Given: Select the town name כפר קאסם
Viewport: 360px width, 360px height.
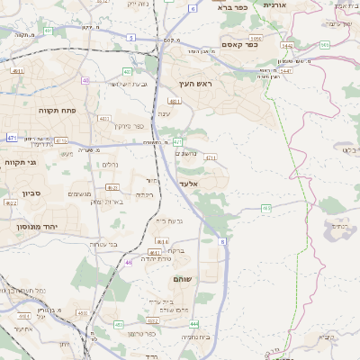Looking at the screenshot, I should click(x=239, y=43).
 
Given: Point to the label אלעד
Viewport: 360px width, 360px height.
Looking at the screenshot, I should click(x=188, y=183).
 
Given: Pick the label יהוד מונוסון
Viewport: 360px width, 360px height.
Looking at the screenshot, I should click(x=35, y=227).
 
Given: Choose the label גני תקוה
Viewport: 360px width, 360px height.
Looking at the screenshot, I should click(x=19, y=163).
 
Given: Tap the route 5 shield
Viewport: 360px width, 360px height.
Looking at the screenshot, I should click(x=130, y=38).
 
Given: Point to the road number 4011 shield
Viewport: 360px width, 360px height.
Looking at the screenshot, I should click(x=104, y=118).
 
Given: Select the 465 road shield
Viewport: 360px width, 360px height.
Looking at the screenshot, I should click(x=266, y=208).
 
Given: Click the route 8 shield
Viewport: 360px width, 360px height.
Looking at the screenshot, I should click(x=221, y=241).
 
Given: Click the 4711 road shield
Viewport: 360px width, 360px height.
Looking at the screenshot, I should click(x=211, y=157).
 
